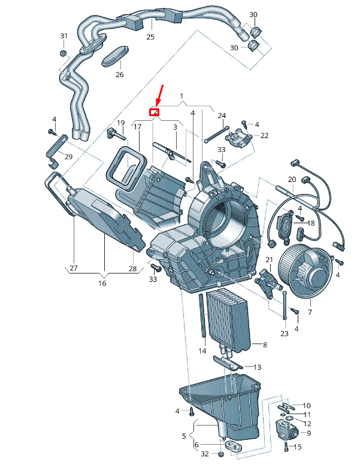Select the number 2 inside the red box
[x=155, y=111]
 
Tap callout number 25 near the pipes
[x=150, y=37]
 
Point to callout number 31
[x=63, y=37]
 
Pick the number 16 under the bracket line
[x=102, y=283]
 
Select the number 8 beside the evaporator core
[x=264, y=344]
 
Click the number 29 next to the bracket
[x=68, y=157]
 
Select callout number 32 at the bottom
[x=205, y=455]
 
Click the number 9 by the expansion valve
[x=308, y=433]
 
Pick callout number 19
[x=120, y=123]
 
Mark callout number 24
[x=222, y=116]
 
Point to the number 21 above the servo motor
[x=269, y=260]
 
